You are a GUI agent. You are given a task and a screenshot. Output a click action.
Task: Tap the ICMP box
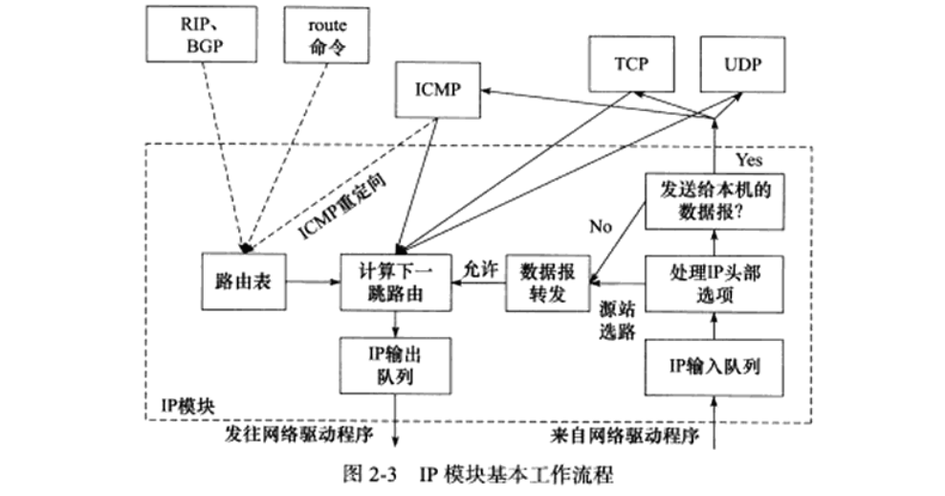click(x=438, y=91)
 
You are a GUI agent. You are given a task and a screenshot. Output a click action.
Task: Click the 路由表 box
click(x=244, y=282)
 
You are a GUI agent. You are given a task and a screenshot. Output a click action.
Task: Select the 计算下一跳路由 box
click(x=395, y=282)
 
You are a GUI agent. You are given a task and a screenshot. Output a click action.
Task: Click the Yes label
click(x=748, y=160)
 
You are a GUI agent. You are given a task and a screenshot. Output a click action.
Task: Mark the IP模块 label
click(x=187, y=406)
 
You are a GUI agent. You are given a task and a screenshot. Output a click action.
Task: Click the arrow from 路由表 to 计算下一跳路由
click(x=313, y=282)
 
